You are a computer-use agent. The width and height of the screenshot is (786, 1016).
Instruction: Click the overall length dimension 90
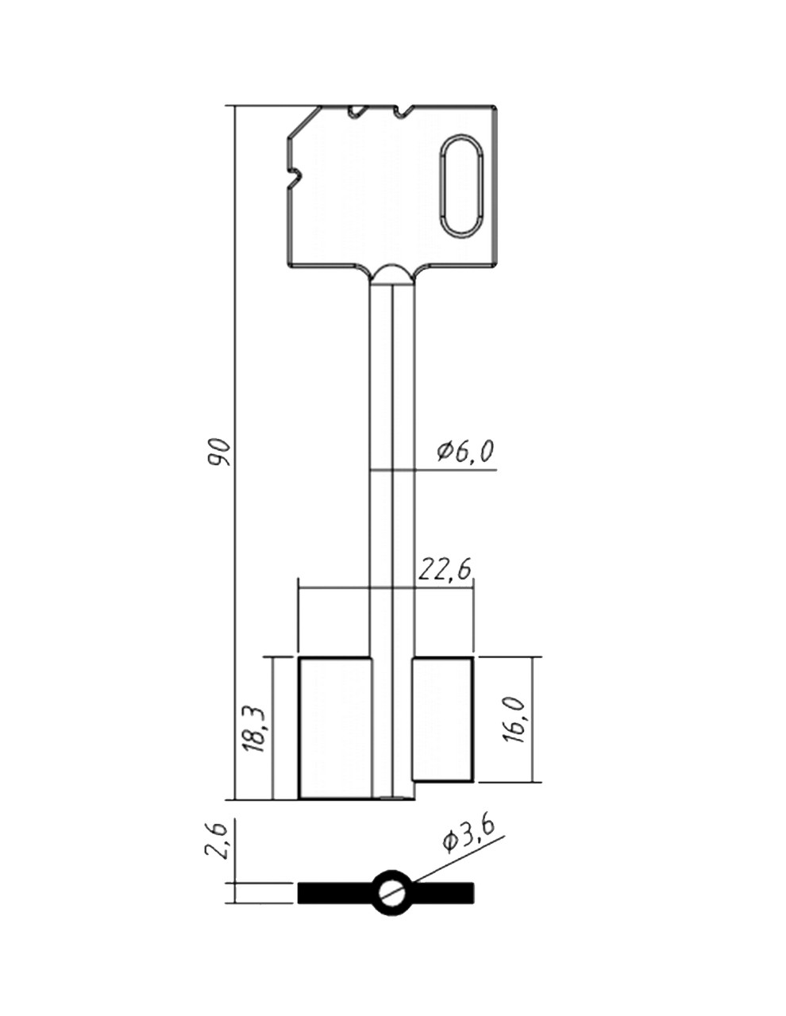coord(218,452)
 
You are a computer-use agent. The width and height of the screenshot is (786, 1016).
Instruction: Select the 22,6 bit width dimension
coord(444,569)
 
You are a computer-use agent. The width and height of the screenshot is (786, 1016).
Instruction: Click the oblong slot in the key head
coord(461,185)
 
